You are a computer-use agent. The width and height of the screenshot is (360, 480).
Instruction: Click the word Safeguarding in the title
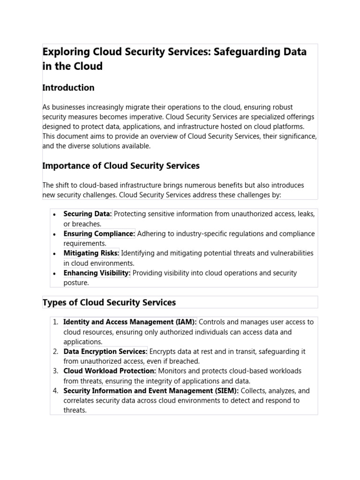coord(239,52)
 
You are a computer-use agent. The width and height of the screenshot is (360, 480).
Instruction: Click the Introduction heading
coord(68,88)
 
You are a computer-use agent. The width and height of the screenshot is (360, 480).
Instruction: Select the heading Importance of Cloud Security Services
coord(121,165)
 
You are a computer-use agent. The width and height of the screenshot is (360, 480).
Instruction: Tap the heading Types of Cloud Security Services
coord(109,302)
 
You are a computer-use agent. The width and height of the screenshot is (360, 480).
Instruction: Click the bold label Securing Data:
coord(88,214)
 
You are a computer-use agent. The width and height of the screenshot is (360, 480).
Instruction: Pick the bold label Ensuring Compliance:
coord(99,234)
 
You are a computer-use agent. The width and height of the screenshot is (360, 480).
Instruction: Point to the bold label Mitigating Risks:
coord(91,253)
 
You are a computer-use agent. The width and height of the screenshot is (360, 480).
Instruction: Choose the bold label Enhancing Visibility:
coord(97,273)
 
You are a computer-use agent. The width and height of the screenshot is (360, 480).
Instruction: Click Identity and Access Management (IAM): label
coord(130,322)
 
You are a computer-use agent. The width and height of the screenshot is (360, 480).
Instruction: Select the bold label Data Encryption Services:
coord(105,352)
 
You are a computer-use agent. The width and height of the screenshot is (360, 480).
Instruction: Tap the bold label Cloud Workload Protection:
coord(110,371)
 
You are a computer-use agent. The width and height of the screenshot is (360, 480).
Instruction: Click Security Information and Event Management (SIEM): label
coord(151,390)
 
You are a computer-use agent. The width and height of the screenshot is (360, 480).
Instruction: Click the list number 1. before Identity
coord(55,322)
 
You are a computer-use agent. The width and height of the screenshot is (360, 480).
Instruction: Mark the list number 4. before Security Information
coord(55,390)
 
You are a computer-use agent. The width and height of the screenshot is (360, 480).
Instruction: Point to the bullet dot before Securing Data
coord(54,215)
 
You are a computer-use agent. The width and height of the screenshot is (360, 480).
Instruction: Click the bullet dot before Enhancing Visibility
coord(54,273)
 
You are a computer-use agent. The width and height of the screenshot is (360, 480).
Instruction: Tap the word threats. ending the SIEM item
coord(75,410)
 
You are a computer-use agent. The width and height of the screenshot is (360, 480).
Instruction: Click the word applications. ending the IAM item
coord(82,342)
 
